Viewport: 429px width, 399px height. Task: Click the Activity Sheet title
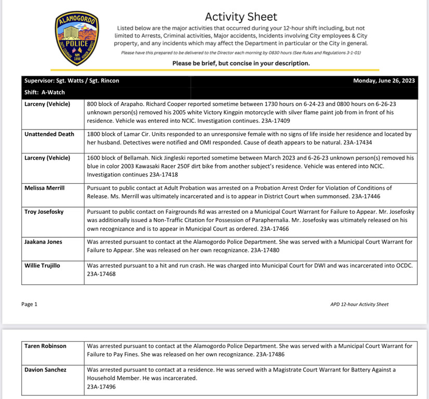coord(241,17)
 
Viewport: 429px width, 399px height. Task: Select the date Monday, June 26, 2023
coord(384,81)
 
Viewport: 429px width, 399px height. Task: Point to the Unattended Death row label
coord(49,134)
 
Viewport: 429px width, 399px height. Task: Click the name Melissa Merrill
coord(45,188)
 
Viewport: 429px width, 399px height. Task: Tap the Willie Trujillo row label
coord(43,266)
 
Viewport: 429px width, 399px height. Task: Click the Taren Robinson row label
coord(46,345)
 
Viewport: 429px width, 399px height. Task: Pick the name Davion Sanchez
coord(46,370)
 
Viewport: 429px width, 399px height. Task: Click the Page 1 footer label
coord(30,304)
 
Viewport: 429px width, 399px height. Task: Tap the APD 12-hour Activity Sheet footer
coord(359,304)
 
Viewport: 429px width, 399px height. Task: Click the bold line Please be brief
coord(241,63)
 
